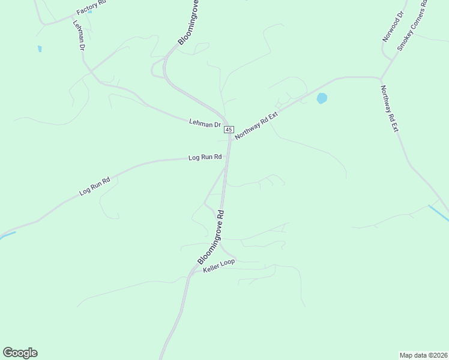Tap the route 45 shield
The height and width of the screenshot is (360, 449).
228,130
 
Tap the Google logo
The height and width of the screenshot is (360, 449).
20,353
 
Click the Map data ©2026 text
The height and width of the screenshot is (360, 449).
423,355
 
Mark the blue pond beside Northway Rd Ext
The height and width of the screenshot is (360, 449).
322,98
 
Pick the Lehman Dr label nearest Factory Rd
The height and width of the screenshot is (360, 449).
79,36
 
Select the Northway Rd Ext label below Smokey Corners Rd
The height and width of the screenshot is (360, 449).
390,109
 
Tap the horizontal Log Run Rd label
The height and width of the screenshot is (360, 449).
205,157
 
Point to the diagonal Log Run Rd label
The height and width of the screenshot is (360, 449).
95,186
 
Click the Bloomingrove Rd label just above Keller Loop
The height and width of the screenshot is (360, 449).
211,237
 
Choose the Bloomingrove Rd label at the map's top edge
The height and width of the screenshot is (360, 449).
188,23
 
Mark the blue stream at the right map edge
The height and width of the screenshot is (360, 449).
439,213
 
